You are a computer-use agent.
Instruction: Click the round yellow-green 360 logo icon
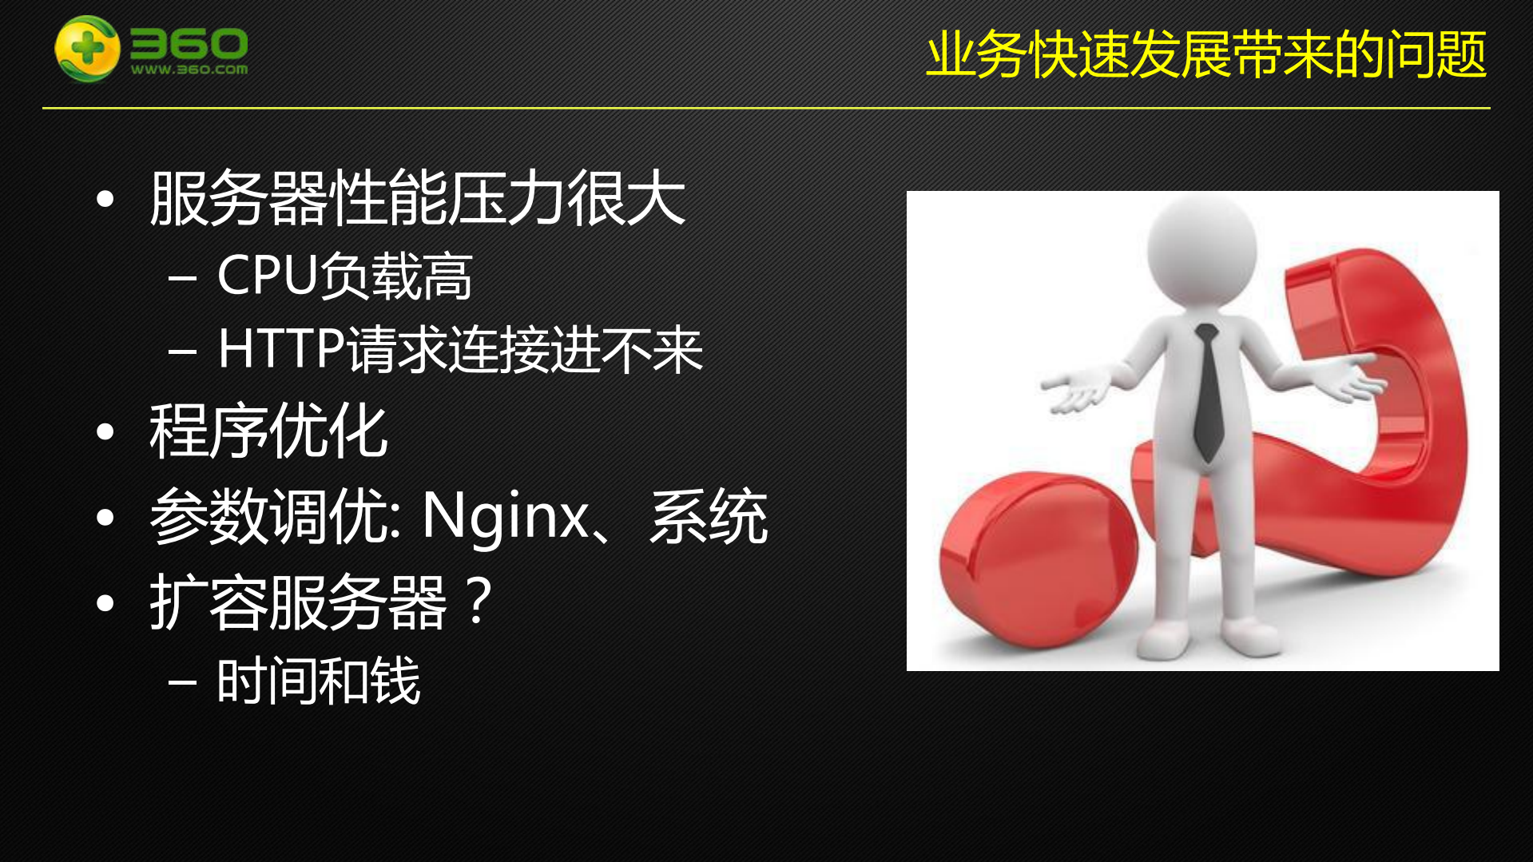click(x=87, y=49)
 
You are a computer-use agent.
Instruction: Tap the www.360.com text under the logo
click(x=189, y=70)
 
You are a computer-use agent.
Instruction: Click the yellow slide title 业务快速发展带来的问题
click(x=1205, y=55)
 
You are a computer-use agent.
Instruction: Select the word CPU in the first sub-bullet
click(x=268, y=276)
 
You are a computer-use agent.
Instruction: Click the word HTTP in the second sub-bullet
click(x=281, y=349)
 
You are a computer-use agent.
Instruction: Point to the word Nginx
click(x=505, y=516)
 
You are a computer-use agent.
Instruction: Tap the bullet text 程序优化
click(x=268, y=431)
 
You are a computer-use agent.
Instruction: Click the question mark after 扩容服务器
click(x=479, y=601)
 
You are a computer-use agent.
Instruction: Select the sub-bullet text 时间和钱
click(x=318, y=681)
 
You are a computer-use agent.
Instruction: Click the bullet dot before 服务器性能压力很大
click(x=105, y=199)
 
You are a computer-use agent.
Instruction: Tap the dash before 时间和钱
click(x=183, y=681)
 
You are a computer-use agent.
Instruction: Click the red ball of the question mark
click(x=1037, y=558)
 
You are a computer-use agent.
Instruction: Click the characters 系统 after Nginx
click(x=709, y=516)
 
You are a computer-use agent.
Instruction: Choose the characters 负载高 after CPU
click(x=396, y=276)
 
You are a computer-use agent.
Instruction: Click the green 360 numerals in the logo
click(x=189, y=43)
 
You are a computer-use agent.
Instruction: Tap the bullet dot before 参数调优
click(x=105, y=518)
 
